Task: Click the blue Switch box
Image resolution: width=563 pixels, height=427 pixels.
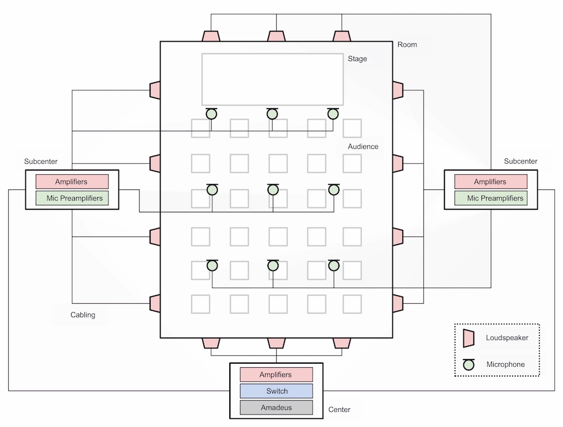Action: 276,391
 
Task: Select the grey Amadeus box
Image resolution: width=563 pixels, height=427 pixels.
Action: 276,408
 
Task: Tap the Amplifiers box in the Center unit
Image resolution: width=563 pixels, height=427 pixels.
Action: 276,375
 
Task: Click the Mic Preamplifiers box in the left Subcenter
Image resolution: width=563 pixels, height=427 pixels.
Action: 72,198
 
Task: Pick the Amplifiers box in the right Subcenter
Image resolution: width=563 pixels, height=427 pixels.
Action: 491,182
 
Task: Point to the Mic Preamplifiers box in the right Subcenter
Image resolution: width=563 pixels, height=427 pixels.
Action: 491,198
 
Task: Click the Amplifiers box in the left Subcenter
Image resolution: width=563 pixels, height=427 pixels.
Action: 72,182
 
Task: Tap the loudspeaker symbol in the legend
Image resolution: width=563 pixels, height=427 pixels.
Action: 469,338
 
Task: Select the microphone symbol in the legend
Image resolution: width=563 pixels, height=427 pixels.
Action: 469,364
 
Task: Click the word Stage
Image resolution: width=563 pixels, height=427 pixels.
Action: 357,59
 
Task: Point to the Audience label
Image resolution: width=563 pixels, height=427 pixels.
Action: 363,147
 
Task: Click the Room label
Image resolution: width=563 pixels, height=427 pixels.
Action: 407,45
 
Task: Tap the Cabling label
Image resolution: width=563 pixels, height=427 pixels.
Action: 83,315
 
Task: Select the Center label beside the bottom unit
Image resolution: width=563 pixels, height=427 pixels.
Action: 340,410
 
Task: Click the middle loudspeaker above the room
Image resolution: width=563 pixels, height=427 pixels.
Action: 276,36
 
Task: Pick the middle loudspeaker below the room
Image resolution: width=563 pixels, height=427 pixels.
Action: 276,343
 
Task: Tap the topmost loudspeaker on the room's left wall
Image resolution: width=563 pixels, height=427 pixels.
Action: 155,90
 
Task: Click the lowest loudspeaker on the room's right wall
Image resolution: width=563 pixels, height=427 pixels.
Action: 398,303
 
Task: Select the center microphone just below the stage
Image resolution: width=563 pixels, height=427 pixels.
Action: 272,113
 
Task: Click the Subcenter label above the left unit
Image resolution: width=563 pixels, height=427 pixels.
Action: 41,162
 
